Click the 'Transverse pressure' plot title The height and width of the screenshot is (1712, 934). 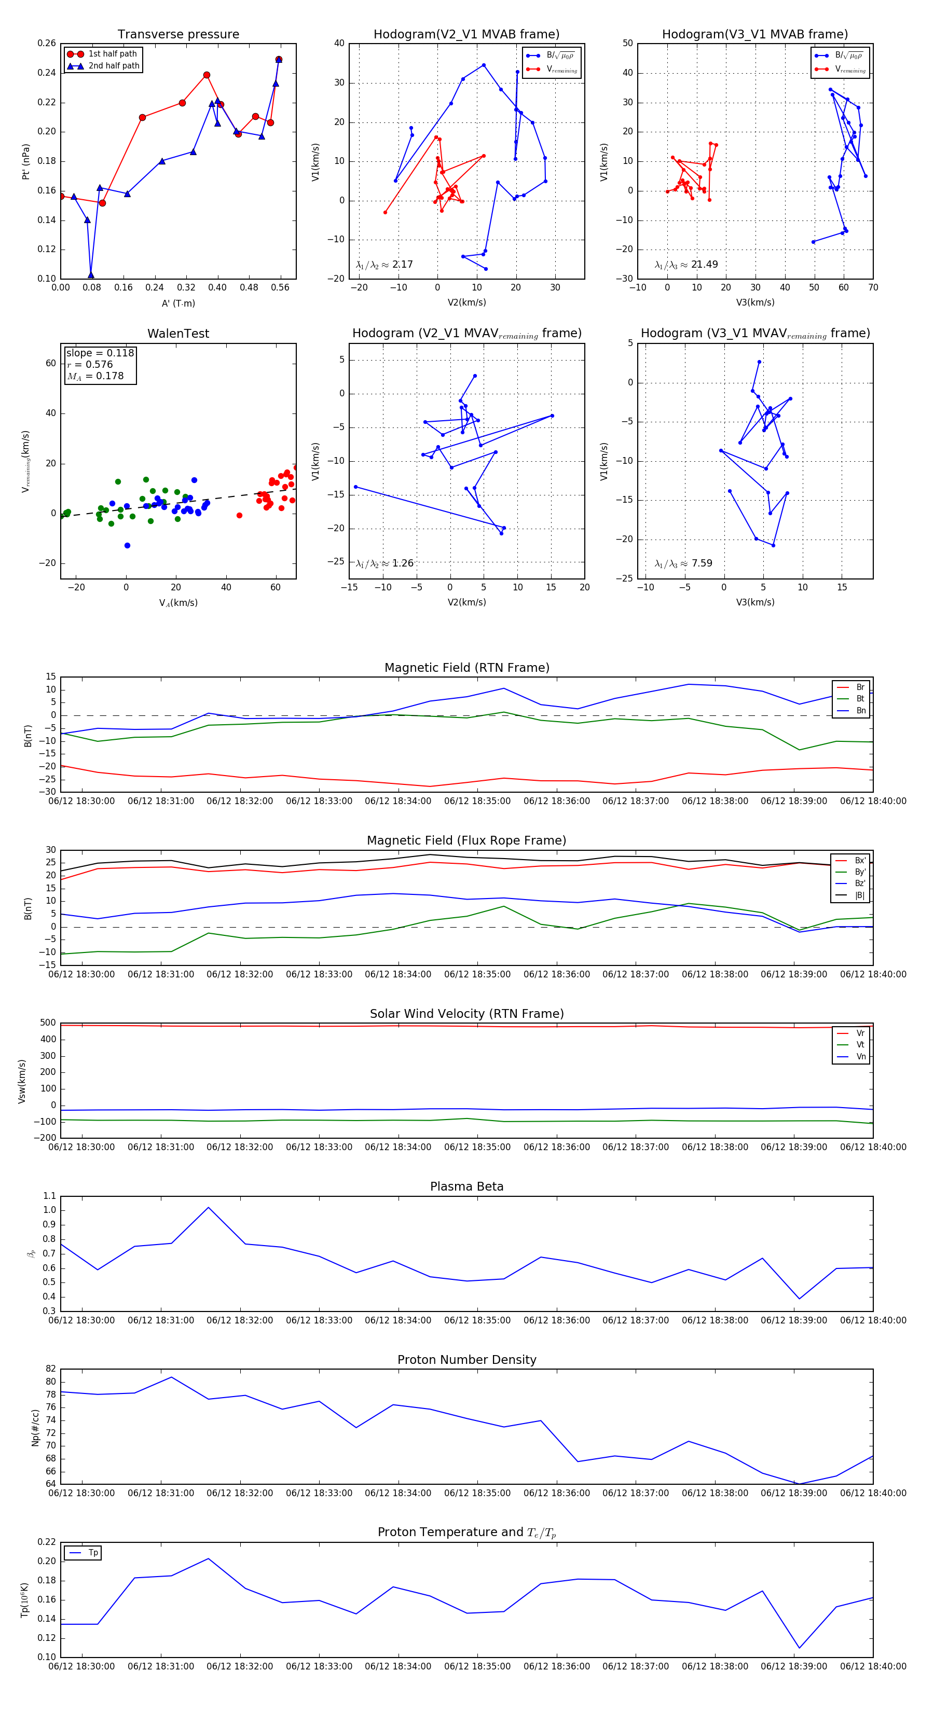pos(178,35)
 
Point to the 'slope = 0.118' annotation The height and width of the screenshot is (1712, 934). pos(100,353)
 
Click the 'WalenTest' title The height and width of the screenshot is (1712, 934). pos(178,334)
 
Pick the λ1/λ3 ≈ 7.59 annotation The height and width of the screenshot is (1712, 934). pos(683,563)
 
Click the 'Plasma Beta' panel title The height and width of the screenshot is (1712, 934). pos(466,1187)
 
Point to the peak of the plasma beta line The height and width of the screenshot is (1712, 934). pos(208,1208)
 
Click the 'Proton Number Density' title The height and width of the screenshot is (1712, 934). pos(466,1360)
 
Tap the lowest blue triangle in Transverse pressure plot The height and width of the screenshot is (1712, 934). pos(91,275)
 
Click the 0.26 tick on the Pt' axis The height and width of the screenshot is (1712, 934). pos(47,43)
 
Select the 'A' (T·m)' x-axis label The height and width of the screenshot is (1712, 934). pos(178,303)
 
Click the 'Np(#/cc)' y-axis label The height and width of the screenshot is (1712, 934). pos(35,1428)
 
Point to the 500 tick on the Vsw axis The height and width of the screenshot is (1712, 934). pos(48,1023)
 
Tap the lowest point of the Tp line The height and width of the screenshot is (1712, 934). pos(799,1648)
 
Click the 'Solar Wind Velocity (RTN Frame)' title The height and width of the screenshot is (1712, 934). pos(466,1014)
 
